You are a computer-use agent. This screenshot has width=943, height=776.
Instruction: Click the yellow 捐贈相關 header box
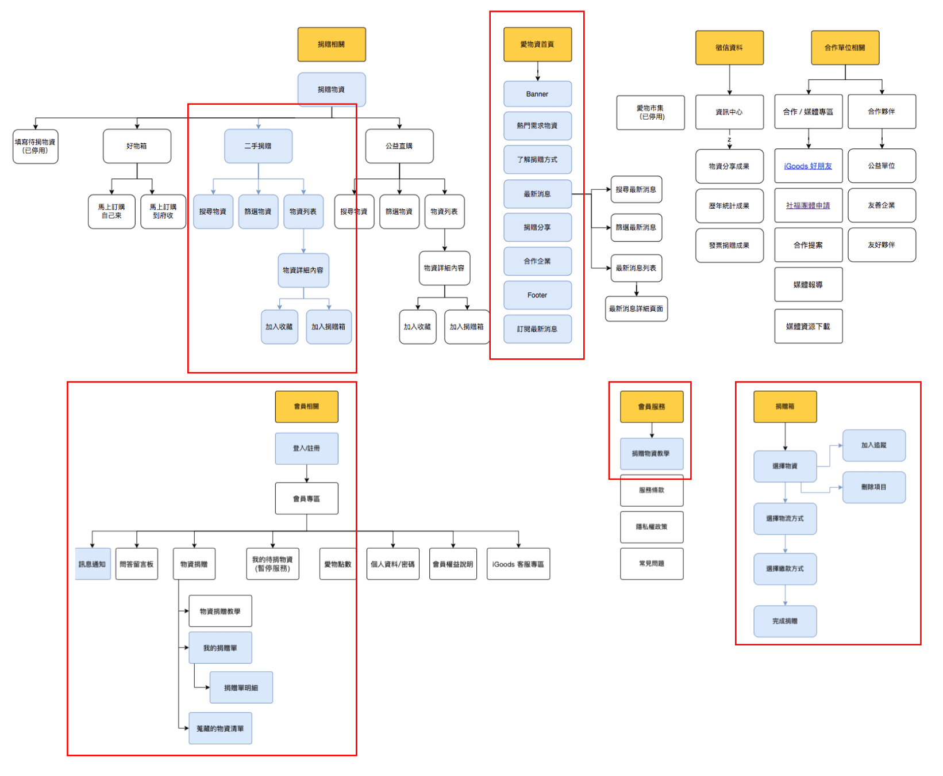(332, 44)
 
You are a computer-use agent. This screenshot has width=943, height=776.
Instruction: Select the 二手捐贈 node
(258, 146)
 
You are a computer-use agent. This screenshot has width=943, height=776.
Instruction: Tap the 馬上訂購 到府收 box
(163, 211)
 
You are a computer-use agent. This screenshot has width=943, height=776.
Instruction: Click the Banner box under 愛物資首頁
(537, 94)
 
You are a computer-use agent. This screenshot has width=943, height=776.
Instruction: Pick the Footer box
(537, 295)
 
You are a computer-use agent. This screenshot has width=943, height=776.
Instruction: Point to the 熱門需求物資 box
(537, 125)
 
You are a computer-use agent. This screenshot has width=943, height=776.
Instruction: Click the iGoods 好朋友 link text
(808, 166)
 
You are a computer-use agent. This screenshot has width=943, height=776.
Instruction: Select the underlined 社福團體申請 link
(808, 205)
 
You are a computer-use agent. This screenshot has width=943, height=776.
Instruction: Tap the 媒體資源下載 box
(808, 326)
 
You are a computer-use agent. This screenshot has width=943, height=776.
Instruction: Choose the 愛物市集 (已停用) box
(651, 112)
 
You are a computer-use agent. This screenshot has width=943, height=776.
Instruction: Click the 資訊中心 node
(729, 112)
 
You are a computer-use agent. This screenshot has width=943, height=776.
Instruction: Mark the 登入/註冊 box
(306, 448)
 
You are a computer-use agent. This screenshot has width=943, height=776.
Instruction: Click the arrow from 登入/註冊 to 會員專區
(307, 473)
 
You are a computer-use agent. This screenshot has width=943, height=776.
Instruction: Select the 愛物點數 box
(337, 564)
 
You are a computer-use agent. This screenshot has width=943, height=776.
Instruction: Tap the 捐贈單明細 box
(241, 687)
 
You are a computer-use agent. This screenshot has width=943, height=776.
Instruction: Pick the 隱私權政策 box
(652, 527)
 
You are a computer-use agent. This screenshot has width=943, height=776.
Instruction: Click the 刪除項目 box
(873, 487)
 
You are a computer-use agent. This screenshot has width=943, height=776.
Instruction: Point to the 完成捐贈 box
(785, 621)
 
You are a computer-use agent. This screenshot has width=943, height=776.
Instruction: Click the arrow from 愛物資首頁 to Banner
(538, 71)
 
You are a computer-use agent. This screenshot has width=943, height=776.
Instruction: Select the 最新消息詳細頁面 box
(636, 309)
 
